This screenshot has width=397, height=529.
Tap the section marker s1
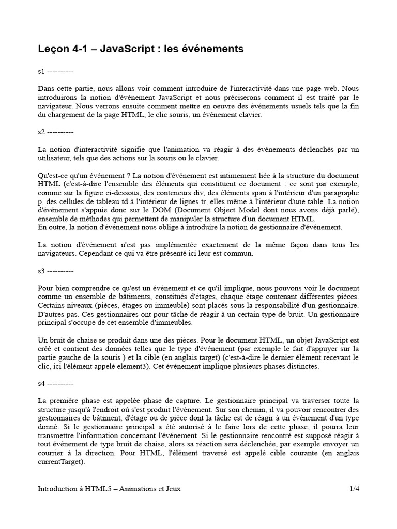tap(41, 71)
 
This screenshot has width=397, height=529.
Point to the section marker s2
tap(41, 132)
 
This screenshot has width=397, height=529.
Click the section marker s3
tap(41, 271)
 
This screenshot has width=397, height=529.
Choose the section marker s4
tap(41, 384)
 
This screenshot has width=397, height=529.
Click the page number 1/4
tap(354, 488)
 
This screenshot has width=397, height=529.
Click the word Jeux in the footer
tap(172, 488)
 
